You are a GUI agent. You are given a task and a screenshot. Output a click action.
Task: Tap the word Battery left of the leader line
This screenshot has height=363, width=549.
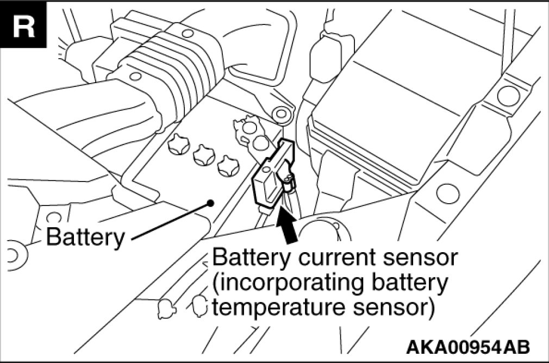(x=85, y=237)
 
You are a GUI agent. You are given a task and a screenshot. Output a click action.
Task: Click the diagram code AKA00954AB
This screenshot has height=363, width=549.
(x=469, y=347)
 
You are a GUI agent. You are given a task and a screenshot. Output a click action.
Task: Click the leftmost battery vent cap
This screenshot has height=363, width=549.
(x=179, y=145)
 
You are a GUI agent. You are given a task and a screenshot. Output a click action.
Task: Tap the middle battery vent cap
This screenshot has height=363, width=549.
(x=203, y=155)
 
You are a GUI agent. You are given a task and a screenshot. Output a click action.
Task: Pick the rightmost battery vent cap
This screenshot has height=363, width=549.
(x=228, y=166)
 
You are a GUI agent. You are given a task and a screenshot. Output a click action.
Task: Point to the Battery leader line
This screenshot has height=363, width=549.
(x=169, y=220)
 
